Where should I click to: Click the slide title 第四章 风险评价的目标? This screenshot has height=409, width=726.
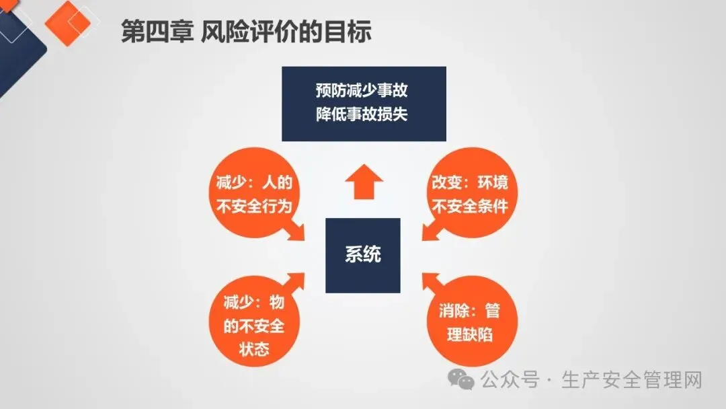[245, 32]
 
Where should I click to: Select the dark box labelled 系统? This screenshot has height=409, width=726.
[362, 255]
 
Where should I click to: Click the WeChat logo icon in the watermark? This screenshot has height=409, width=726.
[463, 380]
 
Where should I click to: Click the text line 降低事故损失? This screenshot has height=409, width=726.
[363, 114]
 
